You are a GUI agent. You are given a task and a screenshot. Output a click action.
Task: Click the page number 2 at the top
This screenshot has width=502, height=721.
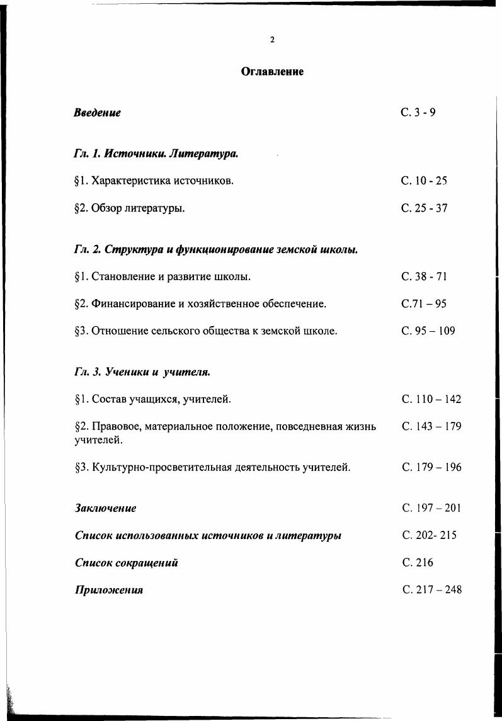(x=272, y=40)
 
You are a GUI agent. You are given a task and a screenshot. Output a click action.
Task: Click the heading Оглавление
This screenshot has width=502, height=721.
(x=272, y=72)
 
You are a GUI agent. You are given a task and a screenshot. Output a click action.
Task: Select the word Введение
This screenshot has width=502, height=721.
(x=97, y=113)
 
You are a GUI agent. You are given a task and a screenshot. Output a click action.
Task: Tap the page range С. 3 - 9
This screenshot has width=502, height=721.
(x=418, y=113)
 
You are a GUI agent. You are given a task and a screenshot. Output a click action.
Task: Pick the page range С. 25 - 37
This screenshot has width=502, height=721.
(x=425, y=208)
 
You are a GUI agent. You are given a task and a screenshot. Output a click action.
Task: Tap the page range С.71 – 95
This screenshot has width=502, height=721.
(x=424, y=304)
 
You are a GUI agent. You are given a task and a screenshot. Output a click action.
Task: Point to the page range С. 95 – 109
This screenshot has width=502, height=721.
(x=428, y=331)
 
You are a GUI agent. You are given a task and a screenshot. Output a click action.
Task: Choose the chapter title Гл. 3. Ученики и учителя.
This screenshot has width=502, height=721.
(x=142, y=372)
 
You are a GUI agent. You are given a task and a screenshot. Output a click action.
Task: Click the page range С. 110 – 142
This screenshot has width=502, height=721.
(x=431, y=399)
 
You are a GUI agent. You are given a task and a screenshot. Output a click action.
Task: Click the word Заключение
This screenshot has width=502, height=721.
(x=105, y=508)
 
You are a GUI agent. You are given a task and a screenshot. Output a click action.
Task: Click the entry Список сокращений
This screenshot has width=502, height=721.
(x=126, y=562)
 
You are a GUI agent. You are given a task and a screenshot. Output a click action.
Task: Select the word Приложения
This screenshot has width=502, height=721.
(x=108, y=590)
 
